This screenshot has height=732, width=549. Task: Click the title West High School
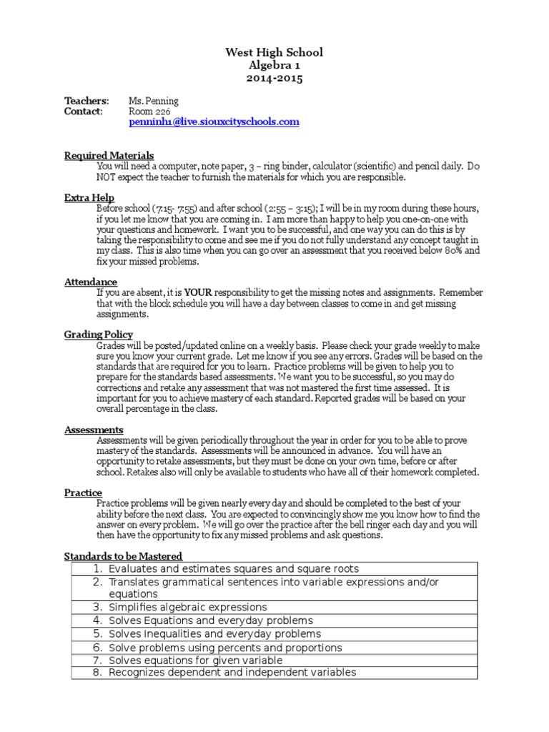274,52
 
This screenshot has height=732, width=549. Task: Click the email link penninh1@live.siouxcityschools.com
214,122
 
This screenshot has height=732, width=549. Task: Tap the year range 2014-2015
274,79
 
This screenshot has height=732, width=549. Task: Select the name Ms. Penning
153,101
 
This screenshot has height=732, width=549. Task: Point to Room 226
145,112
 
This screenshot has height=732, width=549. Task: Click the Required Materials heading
109,155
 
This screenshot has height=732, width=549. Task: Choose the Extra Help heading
89,197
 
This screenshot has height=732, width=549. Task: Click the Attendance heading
91,282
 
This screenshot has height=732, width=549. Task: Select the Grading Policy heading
99,335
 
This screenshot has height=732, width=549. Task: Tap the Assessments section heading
94,430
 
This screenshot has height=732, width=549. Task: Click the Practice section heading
83,493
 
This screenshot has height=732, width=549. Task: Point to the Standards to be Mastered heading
123,555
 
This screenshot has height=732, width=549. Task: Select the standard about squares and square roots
234,569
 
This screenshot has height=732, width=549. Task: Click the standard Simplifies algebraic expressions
187,607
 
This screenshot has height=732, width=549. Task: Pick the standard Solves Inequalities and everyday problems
214,634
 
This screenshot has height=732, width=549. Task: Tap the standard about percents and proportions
225,648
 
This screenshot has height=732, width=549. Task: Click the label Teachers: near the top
86,101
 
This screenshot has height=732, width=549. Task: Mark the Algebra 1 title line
274,65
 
